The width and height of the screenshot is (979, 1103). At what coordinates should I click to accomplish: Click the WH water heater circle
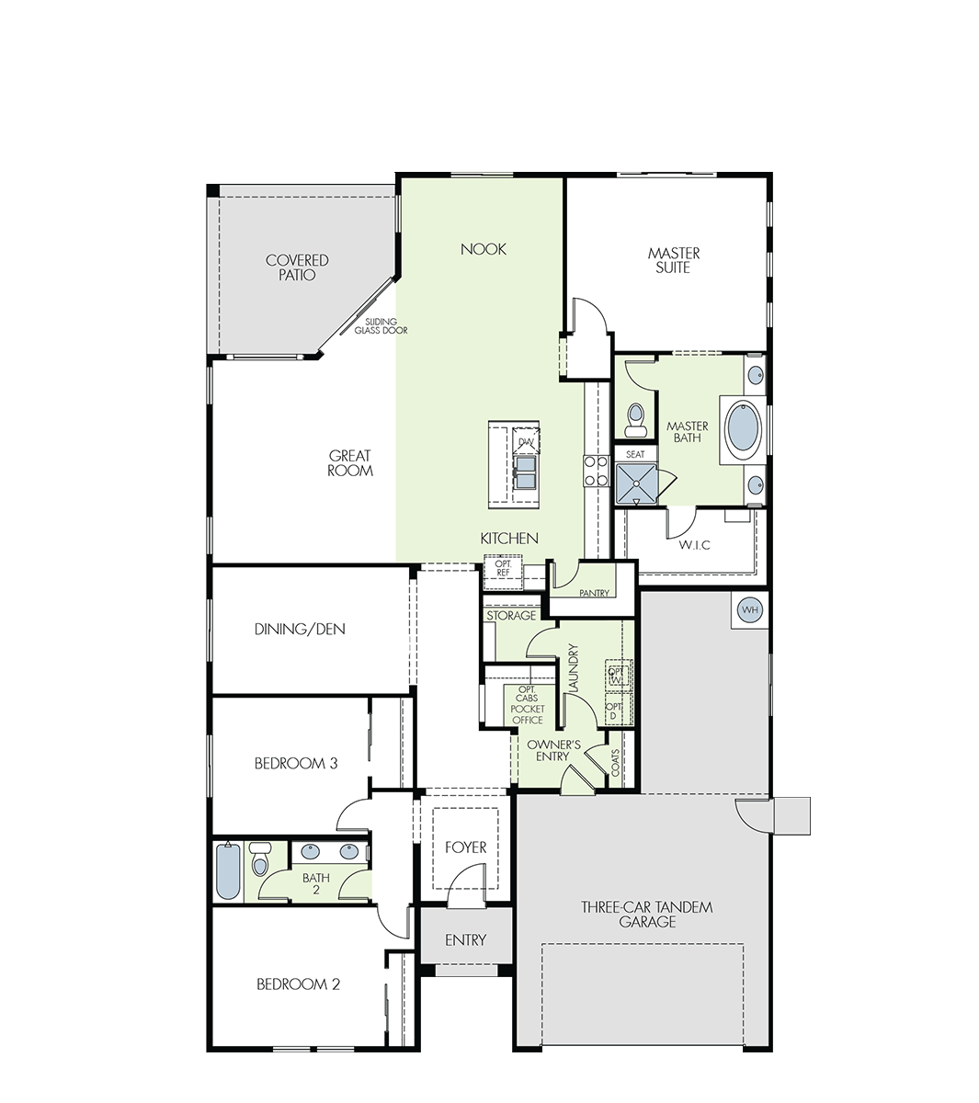pyautogui.click(x=750, y=609)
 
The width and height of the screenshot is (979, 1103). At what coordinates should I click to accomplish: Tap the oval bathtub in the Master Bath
pyautogui.click(x=743, y=430)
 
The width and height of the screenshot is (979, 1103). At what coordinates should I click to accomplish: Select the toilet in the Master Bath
pyautogui.click(x=635, y=420)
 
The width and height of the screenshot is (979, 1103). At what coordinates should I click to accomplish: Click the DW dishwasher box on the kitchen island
pyautogui.click(x=526, y=440)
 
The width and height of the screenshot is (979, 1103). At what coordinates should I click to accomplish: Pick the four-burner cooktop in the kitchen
pyautogui.click(x=597, y=471)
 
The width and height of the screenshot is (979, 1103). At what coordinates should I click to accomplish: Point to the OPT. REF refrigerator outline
pyautogui.click(x=503, y=572)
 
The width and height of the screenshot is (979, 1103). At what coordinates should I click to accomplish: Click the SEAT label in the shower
pyautogui.click(x=635, y=454)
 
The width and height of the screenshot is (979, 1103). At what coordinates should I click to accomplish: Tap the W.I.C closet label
pyautogui.click(x=694, y=544)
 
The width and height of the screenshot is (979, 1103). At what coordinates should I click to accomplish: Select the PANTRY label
pyautogui.click(x=594, y=593)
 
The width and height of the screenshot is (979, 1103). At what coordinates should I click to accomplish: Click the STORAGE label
pyautogui.click(x=511, y=615)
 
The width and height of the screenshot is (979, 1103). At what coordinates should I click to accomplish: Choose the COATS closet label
pyautogui.click(x=615, y=763)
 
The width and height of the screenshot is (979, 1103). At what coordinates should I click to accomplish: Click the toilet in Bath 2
pyautogui.click(x=260, y=859)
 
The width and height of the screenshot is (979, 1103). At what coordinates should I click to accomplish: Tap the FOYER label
pyautogui.click(x=465, y=847)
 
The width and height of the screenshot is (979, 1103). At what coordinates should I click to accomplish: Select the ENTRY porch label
pyautogui.click(x=465, y=940)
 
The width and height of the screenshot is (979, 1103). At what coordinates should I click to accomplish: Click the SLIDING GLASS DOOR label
pyautogui.click(x=381, y=326)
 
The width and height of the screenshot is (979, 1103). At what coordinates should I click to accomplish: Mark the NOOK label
pyautogui.click(x=484, y=249)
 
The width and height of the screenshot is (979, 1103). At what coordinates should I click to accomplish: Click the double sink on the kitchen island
pyautogui.click(x=525, y=472)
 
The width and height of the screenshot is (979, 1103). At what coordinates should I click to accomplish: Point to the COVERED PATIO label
pyautogui.click(x=297, y=267)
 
